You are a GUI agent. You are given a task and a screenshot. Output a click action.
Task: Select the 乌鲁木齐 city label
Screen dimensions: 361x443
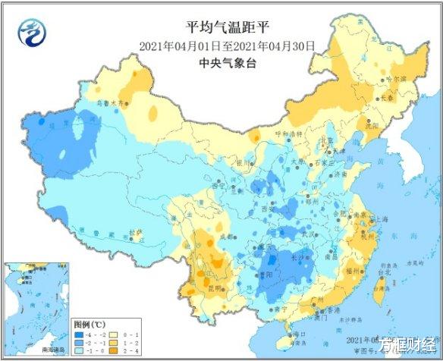coord(108,102)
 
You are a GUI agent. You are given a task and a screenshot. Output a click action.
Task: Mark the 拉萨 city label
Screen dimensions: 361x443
coord(135,232)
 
